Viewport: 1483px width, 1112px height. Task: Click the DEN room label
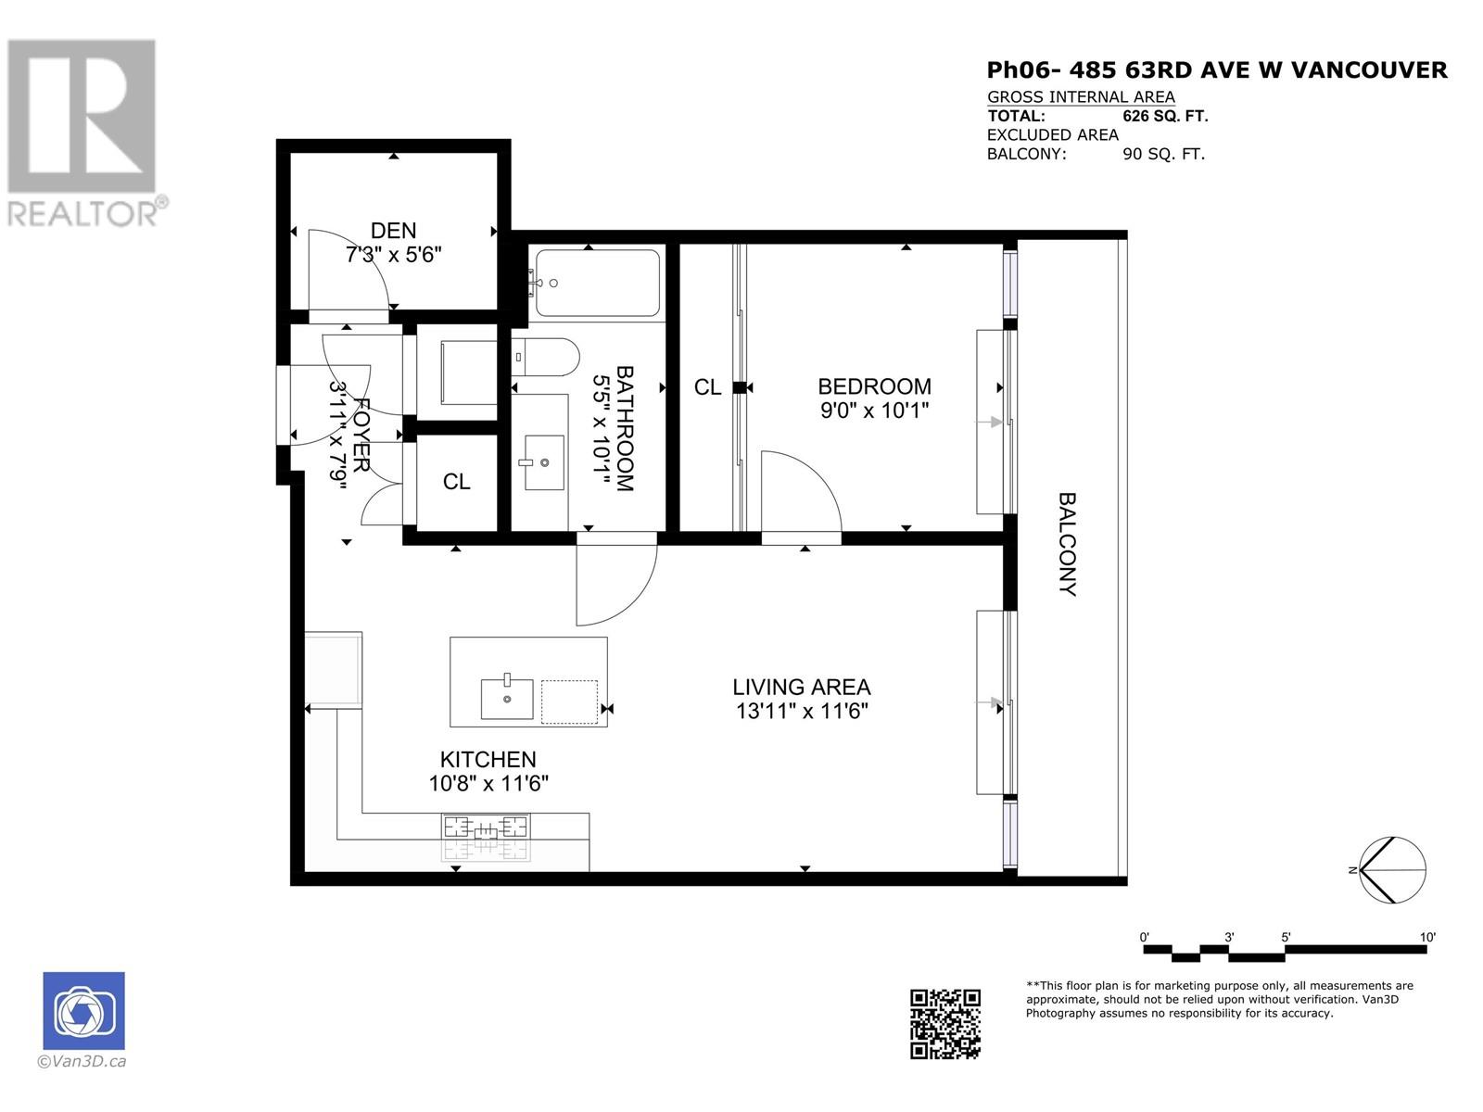click(x=394, y=231)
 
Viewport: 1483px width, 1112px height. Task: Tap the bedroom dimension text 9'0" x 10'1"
click(x=874, y=410)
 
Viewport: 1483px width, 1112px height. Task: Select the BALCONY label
click(x=1068, y=544)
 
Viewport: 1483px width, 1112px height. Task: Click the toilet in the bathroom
click(x=548, y=357)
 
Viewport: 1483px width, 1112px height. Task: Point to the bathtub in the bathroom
click(x=597, y=283)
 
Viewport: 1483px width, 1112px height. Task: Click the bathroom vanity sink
click(x=544, y=461)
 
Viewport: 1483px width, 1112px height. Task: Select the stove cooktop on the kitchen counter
click(x=487, y=827)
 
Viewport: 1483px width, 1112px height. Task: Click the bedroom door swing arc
click(x=802, y=491)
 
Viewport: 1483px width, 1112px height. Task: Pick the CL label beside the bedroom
click(x=707, y=387)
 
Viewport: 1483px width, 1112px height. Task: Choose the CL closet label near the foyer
click(x=456, y=482)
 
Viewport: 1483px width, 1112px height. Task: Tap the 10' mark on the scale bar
click(x=1427, y=938)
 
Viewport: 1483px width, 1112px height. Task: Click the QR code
click(x=944, y=1023)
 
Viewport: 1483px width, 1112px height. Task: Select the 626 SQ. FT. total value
click(x=1165, y=116)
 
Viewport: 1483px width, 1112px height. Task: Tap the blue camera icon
click(x=83, y=1010)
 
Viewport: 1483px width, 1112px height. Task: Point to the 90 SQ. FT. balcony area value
click(x=1163, y=155)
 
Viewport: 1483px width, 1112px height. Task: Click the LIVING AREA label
click(x=801, y=688)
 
